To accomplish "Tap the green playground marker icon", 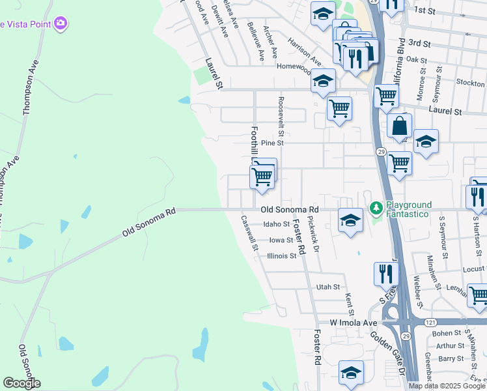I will [376, 209].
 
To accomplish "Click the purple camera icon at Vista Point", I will [61, 23].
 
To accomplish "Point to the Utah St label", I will [328, 287].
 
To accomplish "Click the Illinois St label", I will [282, 256].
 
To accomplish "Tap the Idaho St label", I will [276, 224].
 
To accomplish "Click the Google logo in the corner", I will [21, 383].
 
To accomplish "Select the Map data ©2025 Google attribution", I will [447, 386].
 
